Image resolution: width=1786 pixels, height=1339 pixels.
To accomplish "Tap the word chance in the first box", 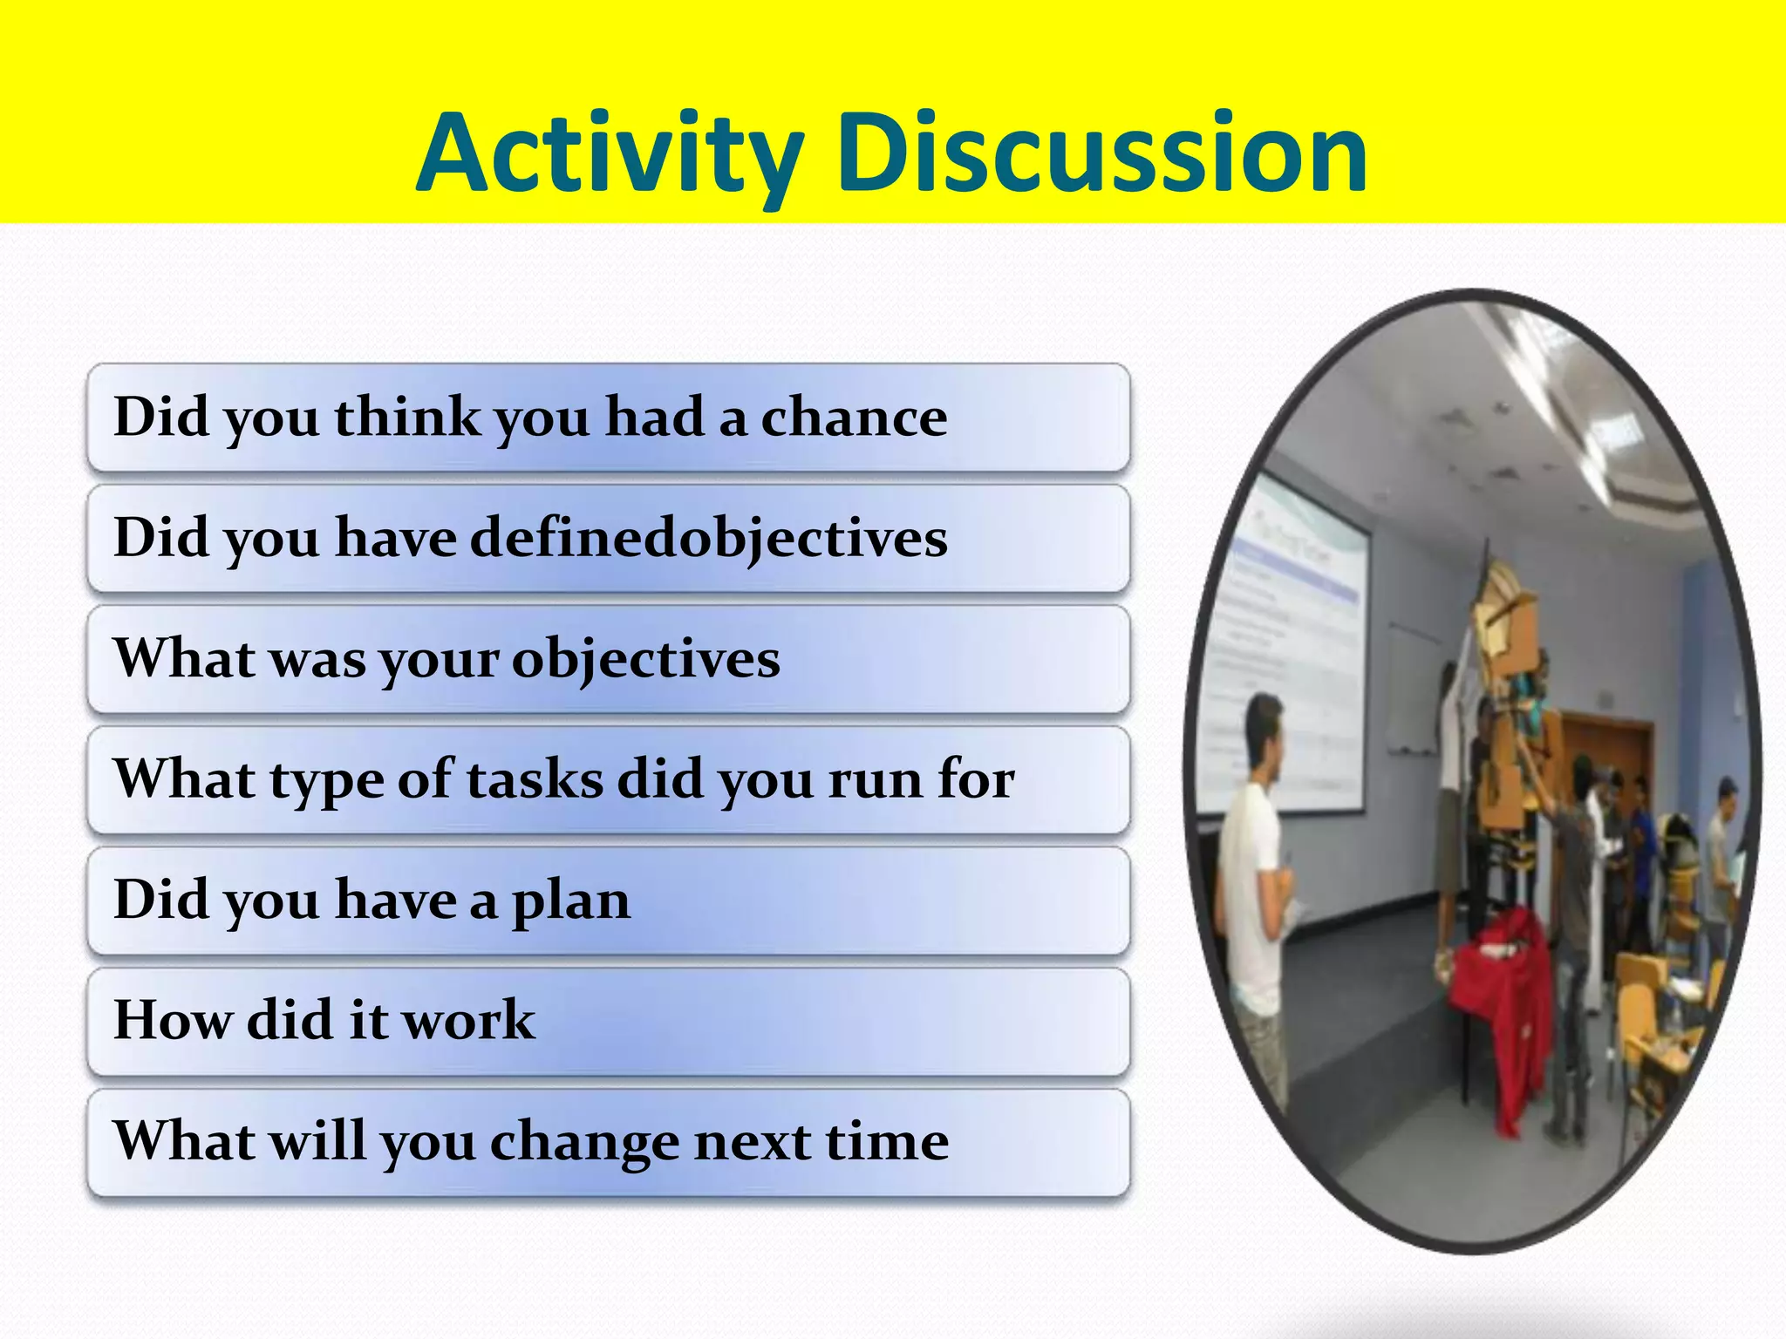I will [x=854, y=418].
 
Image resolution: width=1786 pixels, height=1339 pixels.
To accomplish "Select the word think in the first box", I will [x=407, y=418].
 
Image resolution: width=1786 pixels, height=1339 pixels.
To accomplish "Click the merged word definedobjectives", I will [x=708, y=538].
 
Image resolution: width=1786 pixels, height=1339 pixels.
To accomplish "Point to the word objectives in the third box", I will [x=645, y=660].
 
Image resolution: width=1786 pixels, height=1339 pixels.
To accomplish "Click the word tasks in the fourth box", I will [x=535, y=779].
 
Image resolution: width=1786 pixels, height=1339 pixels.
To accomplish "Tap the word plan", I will [x=570, y=902].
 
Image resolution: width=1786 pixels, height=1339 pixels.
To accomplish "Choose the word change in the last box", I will [x=584, y=1142].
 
